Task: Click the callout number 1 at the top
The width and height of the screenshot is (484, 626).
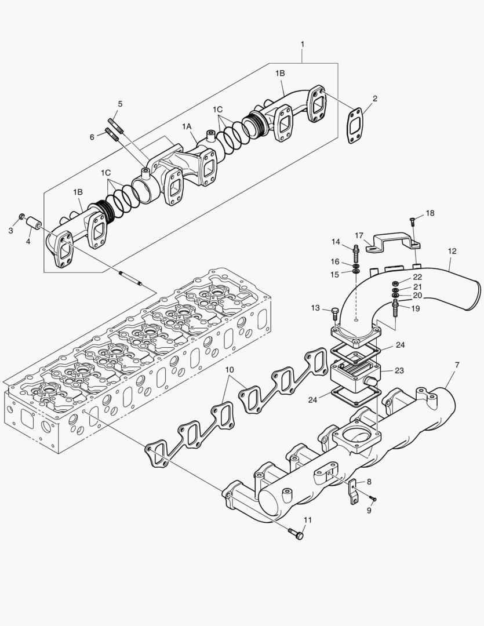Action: (303, 44)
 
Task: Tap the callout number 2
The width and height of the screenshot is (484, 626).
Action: (375, 99)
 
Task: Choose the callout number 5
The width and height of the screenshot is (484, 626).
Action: (120, 104)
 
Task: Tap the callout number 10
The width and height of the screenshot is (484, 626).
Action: (230, 369)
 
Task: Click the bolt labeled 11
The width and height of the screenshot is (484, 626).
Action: (296, 534)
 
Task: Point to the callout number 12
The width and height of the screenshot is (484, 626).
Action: (452, 252)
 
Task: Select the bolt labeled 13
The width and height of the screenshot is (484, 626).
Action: (334, 314)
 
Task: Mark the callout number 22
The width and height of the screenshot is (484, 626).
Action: (417, 277)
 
